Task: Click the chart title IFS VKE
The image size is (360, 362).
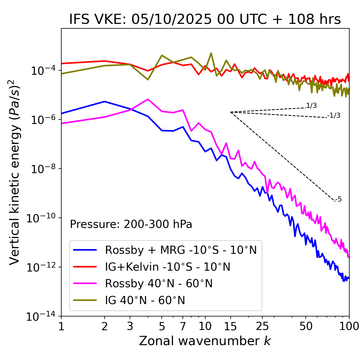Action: tap(205, 20)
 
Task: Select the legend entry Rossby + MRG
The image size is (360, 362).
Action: tap(181, 250)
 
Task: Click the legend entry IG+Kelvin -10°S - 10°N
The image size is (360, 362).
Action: tap(168, 267)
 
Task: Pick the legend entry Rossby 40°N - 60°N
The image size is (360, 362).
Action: tap(159, 284)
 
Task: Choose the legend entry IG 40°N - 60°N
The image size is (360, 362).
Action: tap(145, 300)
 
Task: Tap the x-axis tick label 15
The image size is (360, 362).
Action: tap(230, 326)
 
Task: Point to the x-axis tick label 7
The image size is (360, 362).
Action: tap(183, 326)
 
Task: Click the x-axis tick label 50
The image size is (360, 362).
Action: tap(306, 326)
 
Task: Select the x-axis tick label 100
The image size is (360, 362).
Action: tap(349, 326)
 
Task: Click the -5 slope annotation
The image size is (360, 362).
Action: tap(339, 200)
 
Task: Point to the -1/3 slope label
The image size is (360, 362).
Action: tap(334, 116)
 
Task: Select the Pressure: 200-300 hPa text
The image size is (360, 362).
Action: tap(131, 224)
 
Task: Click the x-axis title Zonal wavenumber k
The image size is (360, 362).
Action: tap(205, 341)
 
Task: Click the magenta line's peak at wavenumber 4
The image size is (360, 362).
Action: tap(148, 99)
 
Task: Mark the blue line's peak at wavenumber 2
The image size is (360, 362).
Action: tap(105, 101)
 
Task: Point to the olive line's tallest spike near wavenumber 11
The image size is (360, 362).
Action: tap(211, 53)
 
